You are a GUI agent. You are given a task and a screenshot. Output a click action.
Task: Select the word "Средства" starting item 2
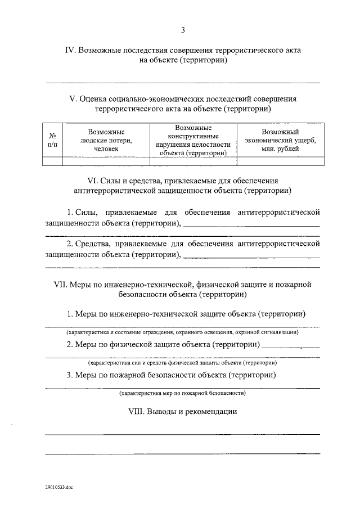[93, 244]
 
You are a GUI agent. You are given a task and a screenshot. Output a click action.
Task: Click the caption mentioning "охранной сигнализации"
[182, 332]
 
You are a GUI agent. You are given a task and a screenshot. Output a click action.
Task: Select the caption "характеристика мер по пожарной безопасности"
[182, 393]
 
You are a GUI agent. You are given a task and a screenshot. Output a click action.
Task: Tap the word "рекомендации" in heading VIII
[213, 412]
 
